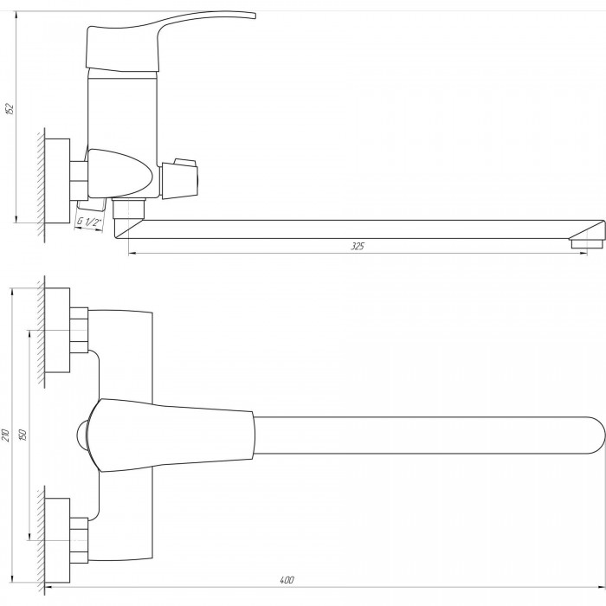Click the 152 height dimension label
coord(10,109)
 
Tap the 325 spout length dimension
coord(358,246)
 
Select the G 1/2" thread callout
coord(89,222)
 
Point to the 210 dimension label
coord(5,435)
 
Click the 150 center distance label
coord(23,435)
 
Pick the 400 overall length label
coord(287,580)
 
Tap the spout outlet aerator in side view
coord(587,243)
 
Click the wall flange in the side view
coord(57,181)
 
